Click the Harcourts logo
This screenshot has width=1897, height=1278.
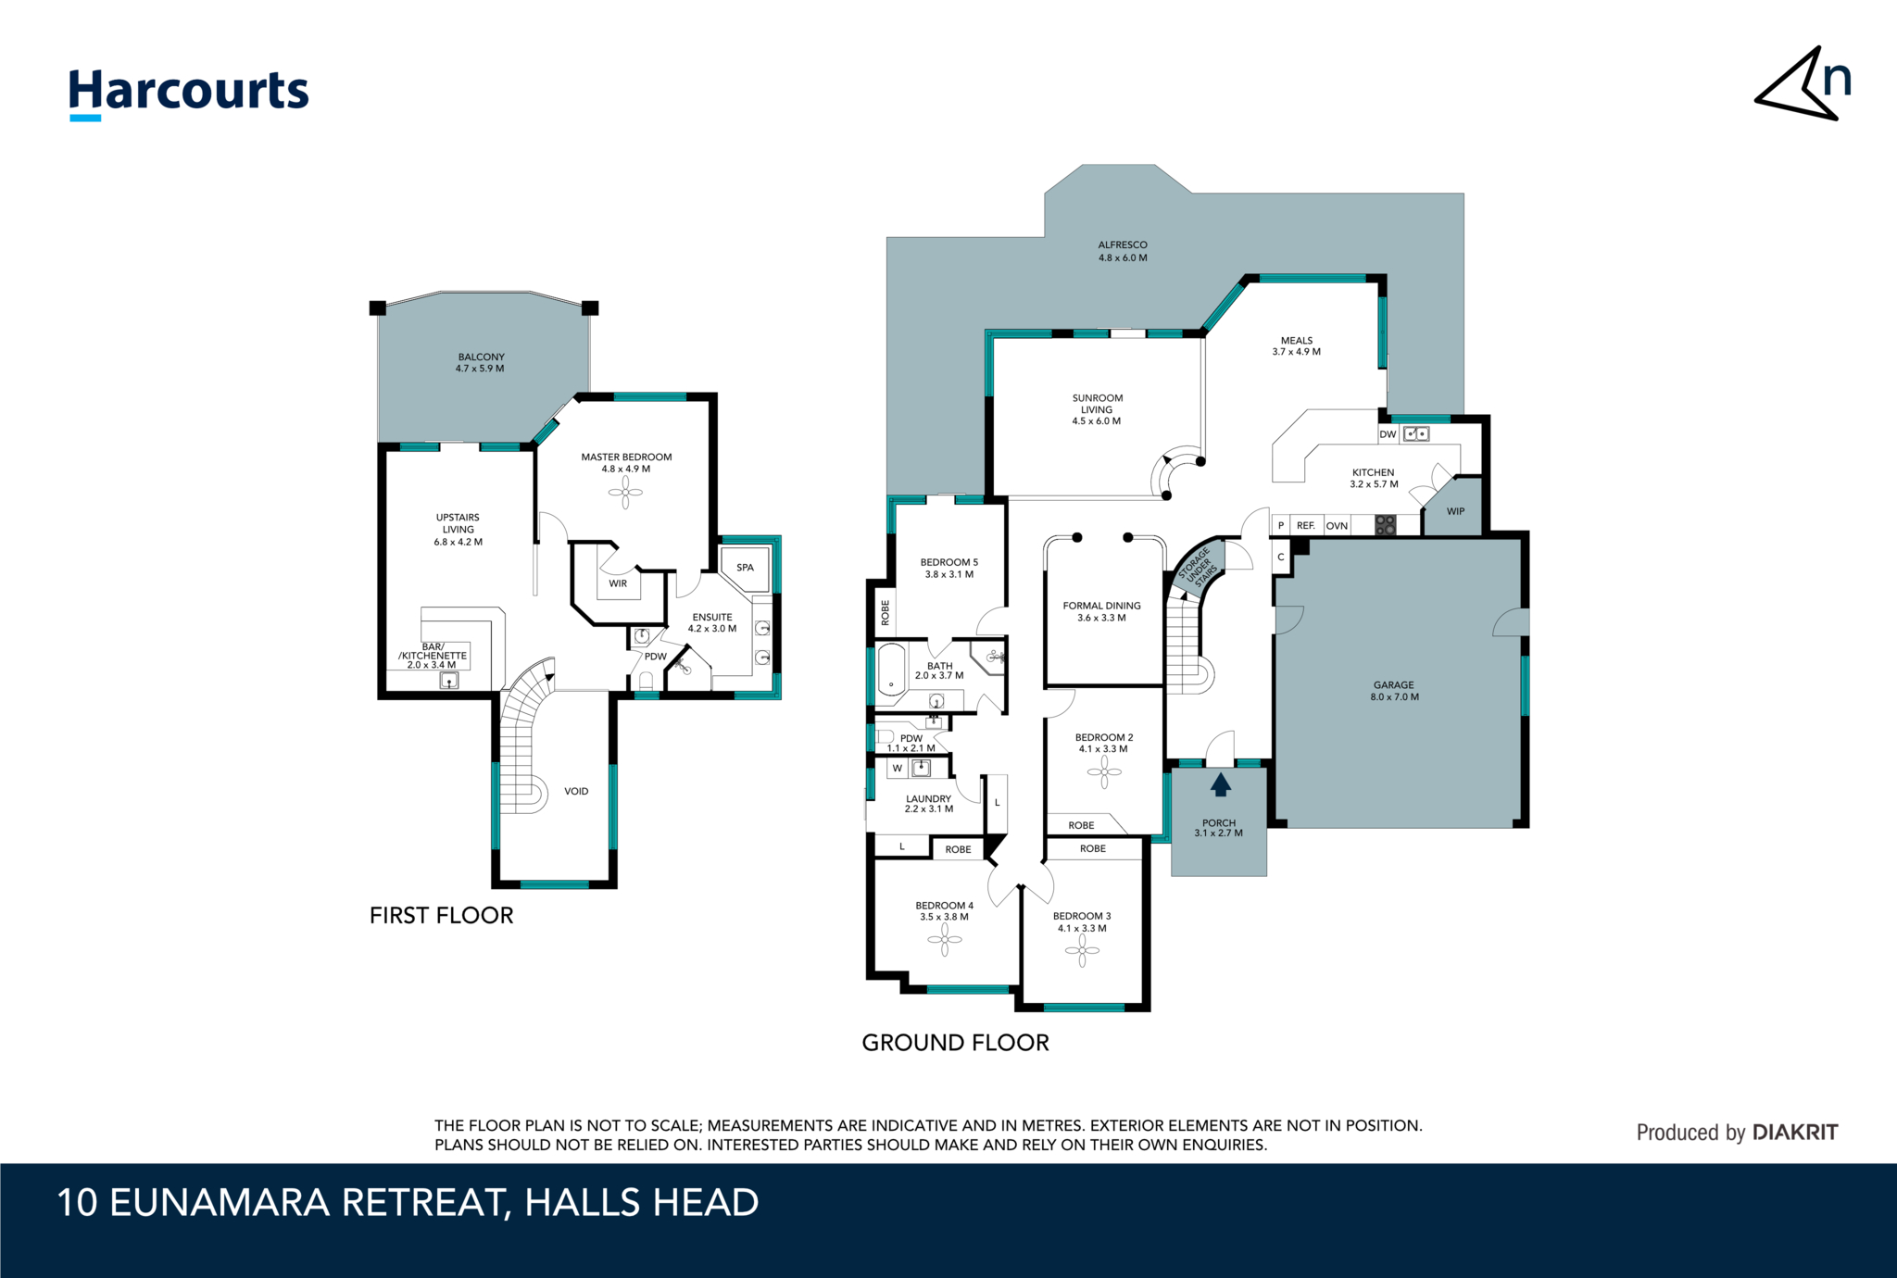tap(189, 94)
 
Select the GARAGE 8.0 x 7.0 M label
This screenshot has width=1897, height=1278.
tap(1394, 691)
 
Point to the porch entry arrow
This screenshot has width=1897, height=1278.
tap(1221, 784)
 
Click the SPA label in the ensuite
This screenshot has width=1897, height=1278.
tap(745, 568)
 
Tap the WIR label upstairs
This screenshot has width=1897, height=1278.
tap(618, 583)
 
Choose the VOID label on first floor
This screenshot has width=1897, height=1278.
tap(576, 791)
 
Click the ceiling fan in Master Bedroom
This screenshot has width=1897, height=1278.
tap(625, 492)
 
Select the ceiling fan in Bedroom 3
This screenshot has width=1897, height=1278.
tap(1082, 950)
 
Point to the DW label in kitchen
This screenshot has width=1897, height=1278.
tap(1388, 434)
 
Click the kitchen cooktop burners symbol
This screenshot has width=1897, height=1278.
tap(1385, 525)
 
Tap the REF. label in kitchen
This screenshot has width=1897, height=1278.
tap(1306, 525)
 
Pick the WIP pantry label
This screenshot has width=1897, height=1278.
tap(1455, 511)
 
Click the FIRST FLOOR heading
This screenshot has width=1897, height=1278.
tap(441, 915)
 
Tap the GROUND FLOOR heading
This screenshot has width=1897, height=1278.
tap(955, 1043)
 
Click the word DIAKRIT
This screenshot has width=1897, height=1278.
tap(1795, 1132)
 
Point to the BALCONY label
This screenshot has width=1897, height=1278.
tap(481, 362)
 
